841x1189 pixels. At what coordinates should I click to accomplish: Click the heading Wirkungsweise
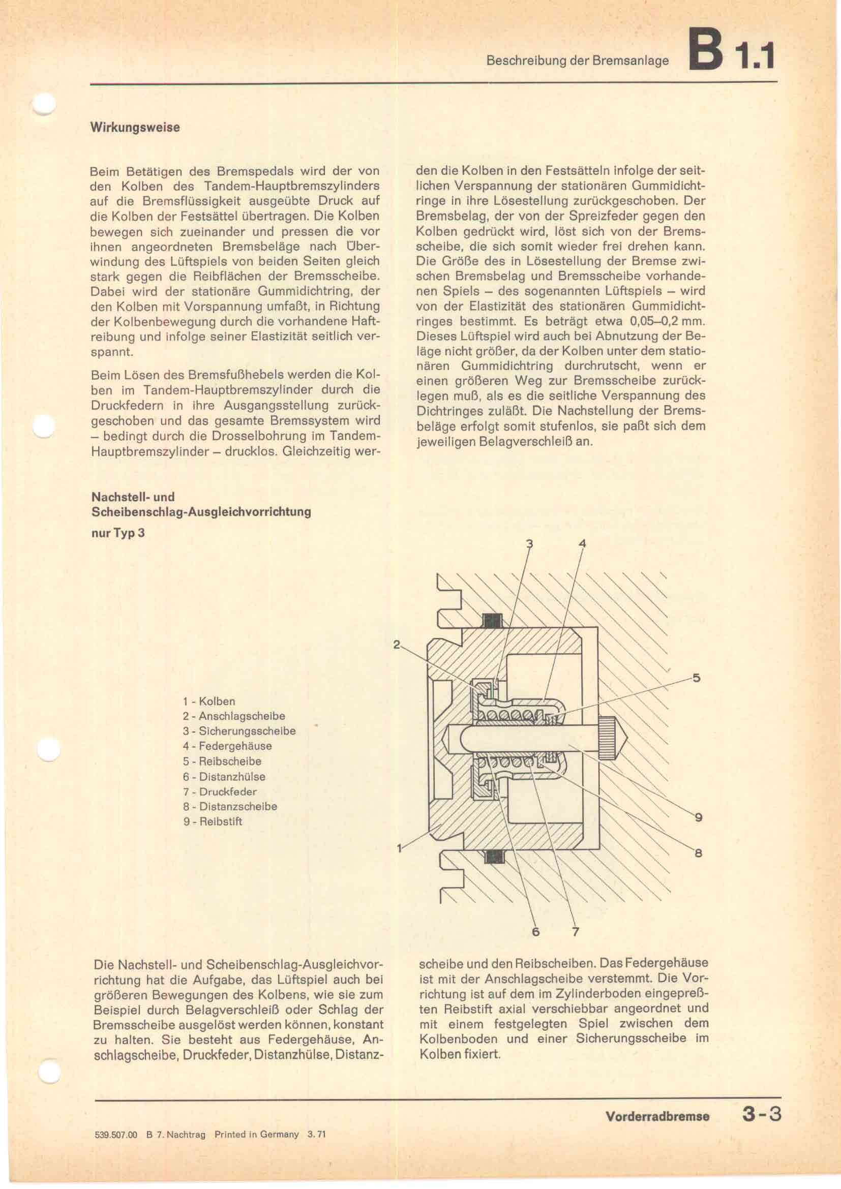click(x=135, y=128)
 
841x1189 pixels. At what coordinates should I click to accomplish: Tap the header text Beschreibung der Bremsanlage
click(x=578, y=61)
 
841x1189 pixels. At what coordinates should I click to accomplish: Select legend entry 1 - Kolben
click(x=208, y=701)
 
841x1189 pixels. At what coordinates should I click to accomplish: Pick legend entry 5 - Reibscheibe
click(x=222, y=761)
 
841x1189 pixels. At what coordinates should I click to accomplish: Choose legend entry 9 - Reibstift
click(x=213, y=821)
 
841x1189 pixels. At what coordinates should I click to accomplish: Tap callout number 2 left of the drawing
click(x=397, y=645)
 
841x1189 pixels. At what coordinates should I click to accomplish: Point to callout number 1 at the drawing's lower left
click(x=399, y=848)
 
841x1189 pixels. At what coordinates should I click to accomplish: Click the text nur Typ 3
click(x=117, y=533)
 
